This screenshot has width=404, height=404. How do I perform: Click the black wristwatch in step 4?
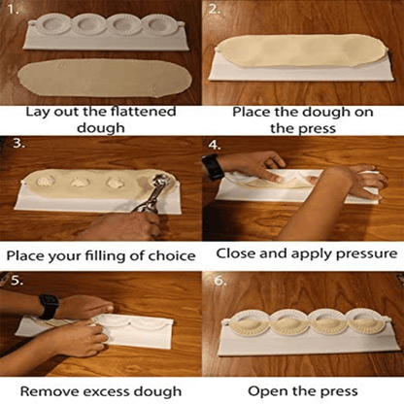213,166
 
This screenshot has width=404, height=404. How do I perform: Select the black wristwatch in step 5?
47,307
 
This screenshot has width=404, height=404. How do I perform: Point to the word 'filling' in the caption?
109,256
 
